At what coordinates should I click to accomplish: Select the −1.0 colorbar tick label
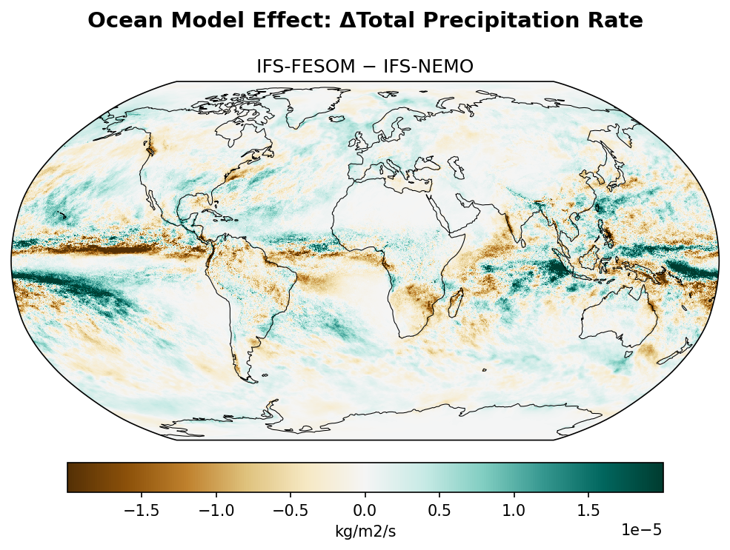point(213,510)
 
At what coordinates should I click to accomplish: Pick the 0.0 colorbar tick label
point(365,510)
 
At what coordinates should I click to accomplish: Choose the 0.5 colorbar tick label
point(439,510)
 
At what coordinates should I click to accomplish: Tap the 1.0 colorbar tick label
point(514,510)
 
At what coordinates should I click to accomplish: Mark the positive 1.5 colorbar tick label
point(588,510)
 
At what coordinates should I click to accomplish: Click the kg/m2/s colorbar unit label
point(365,531)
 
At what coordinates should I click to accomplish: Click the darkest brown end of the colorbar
point(71,477)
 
